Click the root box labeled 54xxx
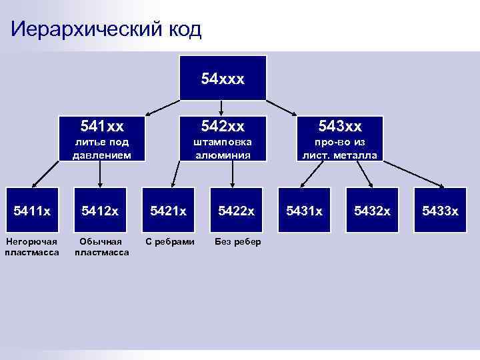[223, 79]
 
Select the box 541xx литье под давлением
[101, 139]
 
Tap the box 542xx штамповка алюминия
[223, 139]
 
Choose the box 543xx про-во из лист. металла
[340, 139]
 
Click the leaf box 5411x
[32, 211]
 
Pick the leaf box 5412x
[101, 211]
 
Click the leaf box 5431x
[304, 211]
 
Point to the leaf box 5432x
[373, 211]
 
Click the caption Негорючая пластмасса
[32, 247]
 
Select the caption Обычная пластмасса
[101, 247]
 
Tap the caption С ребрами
[170, 241]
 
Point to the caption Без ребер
[238, 241]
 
